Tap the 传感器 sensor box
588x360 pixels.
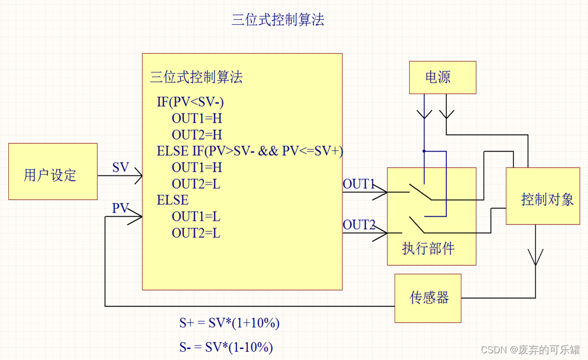click(428, 298)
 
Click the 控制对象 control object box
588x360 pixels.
click(542, 196)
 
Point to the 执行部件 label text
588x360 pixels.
click(428, 249)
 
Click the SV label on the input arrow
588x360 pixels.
click(120, 168)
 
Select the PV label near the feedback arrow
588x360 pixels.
click(120, 208)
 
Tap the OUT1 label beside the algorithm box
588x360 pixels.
click(358, 184)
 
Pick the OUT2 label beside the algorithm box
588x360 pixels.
click(358, 225)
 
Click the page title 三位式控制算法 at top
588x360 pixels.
click(278, 20)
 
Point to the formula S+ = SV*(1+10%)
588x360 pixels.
click(230, 323)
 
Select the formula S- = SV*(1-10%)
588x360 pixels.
click(227, 347)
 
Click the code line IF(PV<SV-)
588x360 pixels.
click(190, 102)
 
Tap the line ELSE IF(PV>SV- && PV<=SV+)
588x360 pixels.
click(250, 151)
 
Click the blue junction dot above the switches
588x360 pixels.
click(424, 151)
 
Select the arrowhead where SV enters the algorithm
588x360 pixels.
click(139, 176)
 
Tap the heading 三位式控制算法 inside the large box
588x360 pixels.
click(196, 78)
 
